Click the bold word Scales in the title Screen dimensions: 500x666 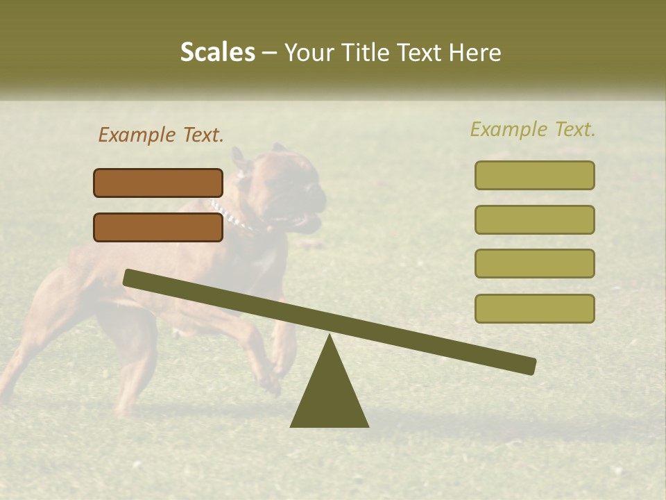click(x=217, y=52)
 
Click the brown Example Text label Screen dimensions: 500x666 click(x=161, y=135)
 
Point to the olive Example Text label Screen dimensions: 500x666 click(x=533, y=129)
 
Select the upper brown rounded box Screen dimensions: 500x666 click(x=158, y=183)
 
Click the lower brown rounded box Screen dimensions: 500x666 click(x=158, y=227)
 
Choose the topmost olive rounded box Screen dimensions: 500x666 click(x=534, y=175)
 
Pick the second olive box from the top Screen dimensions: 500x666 click(x=534, y=219)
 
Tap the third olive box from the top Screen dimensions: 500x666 click(x=534, y=263)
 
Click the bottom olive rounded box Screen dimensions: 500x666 click(x=534, y=308)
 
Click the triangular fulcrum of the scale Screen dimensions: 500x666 click(x=329, y=396)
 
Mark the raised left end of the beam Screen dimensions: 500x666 click(x=129, y=277)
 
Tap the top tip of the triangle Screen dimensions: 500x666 click(x=330, y=337)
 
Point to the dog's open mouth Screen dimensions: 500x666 click(x=305, y=220)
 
